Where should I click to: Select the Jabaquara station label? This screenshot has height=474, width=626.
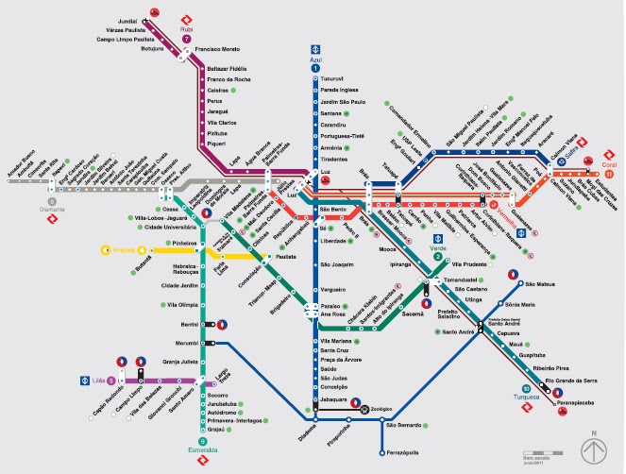(x=337, y=400)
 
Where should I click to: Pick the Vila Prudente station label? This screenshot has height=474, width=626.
(x=469, y=265)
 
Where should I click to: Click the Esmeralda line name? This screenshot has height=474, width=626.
(x=202, y=450)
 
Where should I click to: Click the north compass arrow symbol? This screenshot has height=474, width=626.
(x=594, y=447)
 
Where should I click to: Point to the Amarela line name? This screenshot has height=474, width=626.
(x=125, y=251)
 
